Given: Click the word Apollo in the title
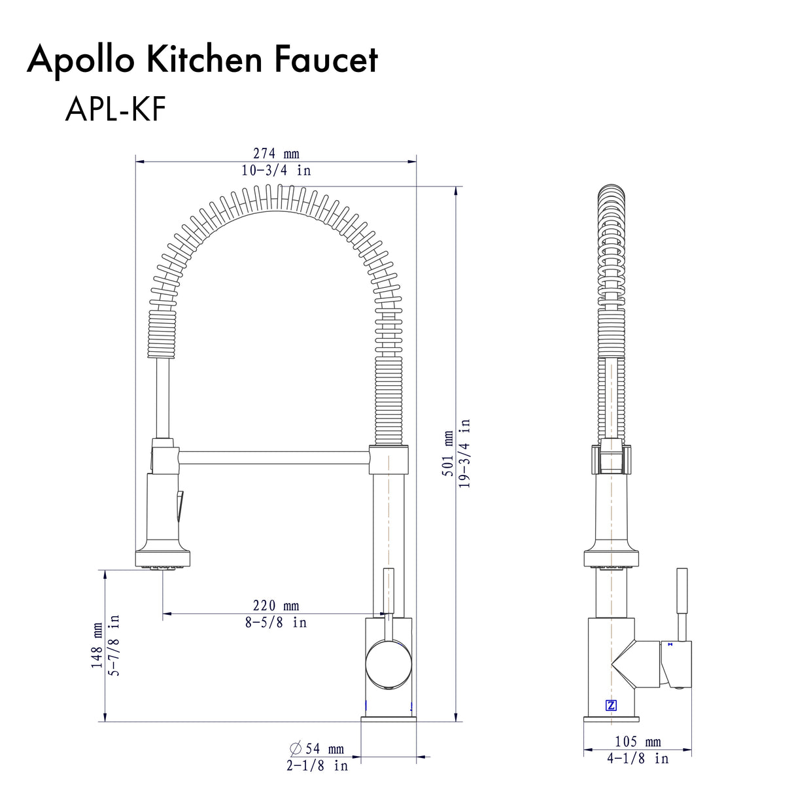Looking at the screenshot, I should click(x=80, y=60).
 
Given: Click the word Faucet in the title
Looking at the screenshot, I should click(x=326, y=60).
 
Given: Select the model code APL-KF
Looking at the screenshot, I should click(x=115, y=111).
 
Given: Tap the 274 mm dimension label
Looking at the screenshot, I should click(x=276, y=154).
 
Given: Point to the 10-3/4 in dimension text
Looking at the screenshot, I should click(x=276, y=171).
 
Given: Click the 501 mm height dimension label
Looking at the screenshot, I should click(x=448, y=453).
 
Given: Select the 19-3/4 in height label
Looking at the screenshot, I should click(x=465, y=454).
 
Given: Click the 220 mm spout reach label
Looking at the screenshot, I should click(x=276, y=606).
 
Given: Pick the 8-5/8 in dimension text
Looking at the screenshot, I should click(x=276, y=623).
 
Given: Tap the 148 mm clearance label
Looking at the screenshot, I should click(x=97, y=645).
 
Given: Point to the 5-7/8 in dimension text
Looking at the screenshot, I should click(x=114, y=645).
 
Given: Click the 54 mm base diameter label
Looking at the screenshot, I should click(x=324, y=749).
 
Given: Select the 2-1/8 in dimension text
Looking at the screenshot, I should click(x=317, y=765).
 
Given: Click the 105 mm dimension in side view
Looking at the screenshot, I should click(x=638, y=742).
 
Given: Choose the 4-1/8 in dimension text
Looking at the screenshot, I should click(x=638, y=759).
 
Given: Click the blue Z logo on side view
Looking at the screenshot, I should click(x=611, y=705).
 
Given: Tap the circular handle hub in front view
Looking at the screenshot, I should click(x=388, y=665).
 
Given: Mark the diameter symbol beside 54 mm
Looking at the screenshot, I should click(x=295, y=748).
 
